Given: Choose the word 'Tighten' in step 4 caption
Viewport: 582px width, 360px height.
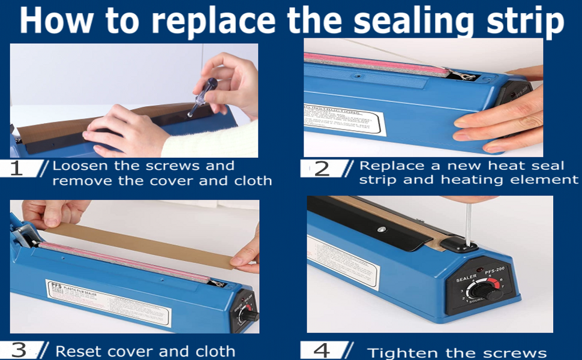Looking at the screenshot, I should click(399, 353).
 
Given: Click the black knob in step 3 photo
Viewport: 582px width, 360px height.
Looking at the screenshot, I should click(249, 314).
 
